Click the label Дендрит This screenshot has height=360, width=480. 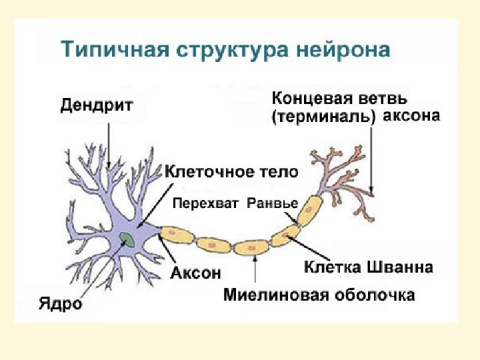(x=97, y=105)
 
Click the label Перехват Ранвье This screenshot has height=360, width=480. (x=235, y=203)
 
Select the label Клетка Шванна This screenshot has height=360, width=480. (x=368, y=268)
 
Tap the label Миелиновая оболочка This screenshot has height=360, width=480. (x=319, y=295)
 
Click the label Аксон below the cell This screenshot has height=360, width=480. (x=195, y=273)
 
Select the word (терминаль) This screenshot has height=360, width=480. (x=324, y=117)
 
